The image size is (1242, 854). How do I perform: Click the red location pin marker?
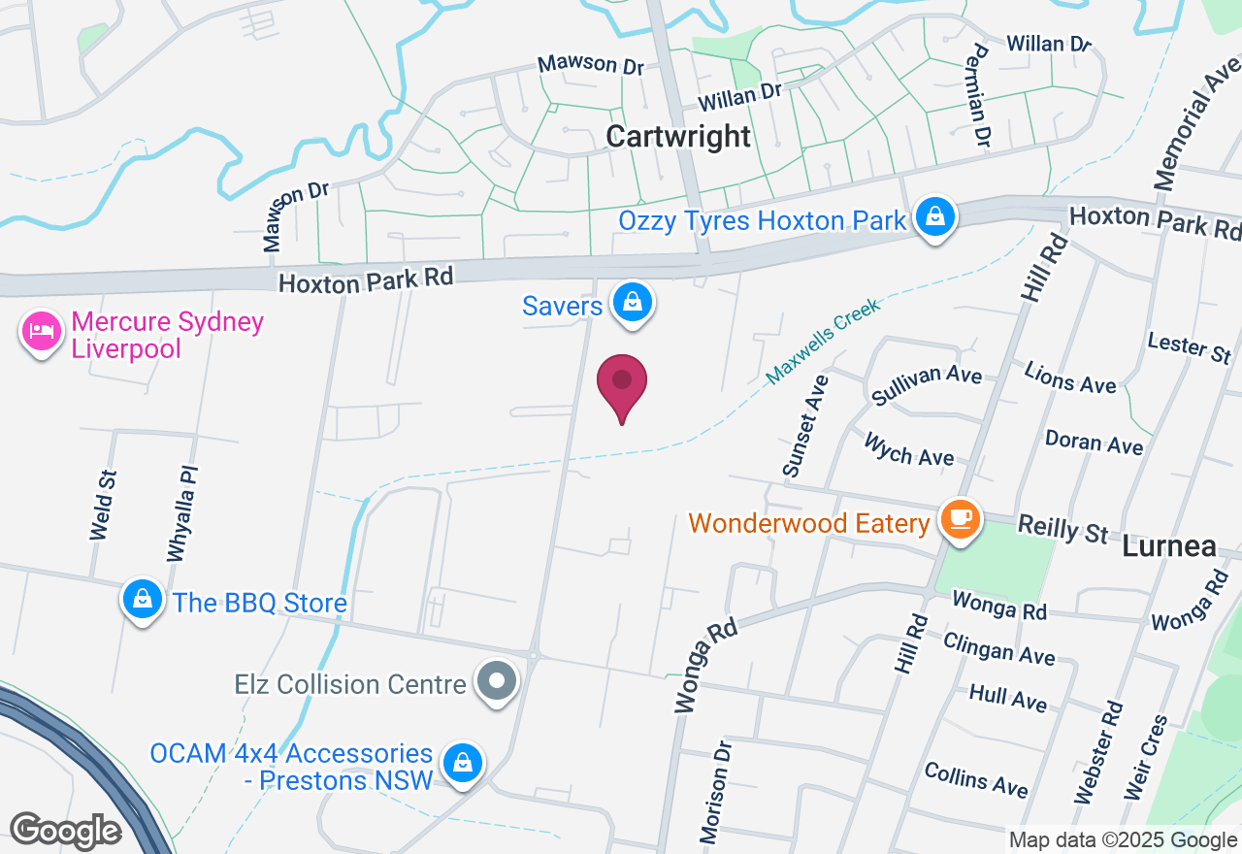[622, 384]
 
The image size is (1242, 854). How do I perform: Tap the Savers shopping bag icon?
[633, 303]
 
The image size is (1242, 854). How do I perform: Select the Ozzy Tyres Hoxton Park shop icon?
[934, 217]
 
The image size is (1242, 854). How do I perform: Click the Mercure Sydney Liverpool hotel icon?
[41, 332]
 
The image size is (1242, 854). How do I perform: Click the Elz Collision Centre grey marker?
[498, 680]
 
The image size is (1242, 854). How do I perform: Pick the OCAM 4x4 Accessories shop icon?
[464, 763]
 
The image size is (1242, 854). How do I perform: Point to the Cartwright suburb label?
[678, 137]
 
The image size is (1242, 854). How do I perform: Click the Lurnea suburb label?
[1169, 547]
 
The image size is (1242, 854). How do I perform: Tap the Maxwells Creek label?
[823, 341]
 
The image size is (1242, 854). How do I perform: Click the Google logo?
[65, 831]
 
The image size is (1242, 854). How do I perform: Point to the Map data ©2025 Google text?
[1123, 840]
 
